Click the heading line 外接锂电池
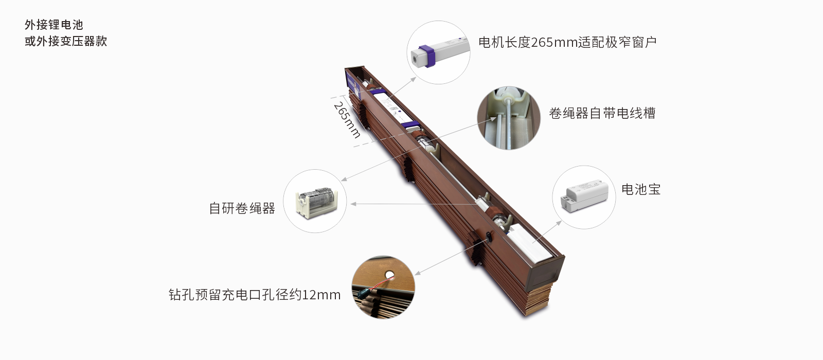pyautogui.click(x=53, y=25)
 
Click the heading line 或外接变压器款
pyautogui.click(x=66, y=41)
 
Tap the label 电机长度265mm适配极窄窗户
pyautogui.click(x=567, y=42)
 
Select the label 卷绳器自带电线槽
pyautogui.click(x=602, y=113)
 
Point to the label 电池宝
pyautogui.click(x=640, y=189)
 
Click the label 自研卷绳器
pyautogui.click(x=242, y=208)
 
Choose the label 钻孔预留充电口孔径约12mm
pyautogui.click(x=255, y=295)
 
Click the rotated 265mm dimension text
pyautogui.click(x=347, y=120)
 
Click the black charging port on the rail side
pyautogui.click(x=487, y=237)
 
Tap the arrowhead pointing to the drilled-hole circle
pyautogui.click(x=417, y=273)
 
